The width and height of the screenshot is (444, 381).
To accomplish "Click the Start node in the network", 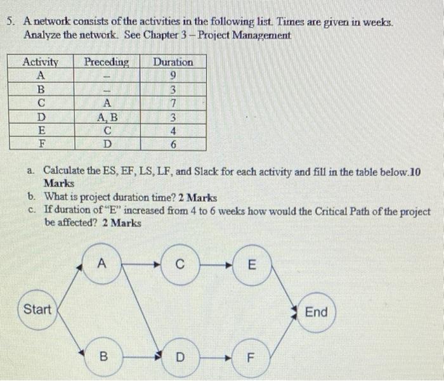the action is coord(37,310).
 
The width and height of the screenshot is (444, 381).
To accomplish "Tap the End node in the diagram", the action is coord(316,312).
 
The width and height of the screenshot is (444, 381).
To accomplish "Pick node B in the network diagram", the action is coord(102,356).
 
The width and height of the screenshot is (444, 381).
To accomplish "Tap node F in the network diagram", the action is coord(251,357).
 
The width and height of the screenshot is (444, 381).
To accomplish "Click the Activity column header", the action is coord(40,62).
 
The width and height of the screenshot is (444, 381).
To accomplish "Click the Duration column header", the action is coord(173,62).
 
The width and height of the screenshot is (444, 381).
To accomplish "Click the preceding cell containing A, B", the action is coord(107,117).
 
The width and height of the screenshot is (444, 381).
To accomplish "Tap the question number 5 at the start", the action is coord(10,22).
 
